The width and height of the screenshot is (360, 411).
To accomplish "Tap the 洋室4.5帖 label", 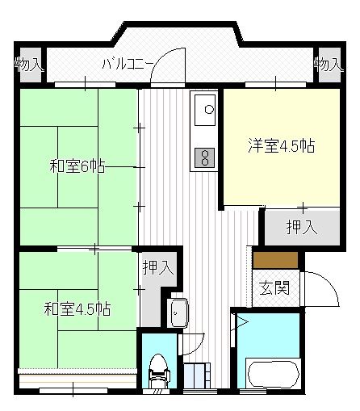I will point(280,148).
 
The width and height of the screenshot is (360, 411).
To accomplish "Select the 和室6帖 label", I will point(77,167).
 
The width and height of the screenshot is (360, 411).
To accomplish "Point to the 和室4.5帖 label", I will point(77,308).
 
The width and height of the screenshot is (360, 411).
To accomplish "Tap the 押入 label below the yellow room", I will point(301,227).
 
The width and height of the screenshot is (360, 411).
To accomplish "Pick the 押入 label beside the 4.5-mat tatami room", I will point(157,268).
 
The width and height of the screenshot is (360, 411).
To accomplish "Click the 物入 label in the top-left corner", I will point(29,64).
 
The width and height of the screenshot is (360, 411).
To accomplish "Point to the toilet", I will point(157,371).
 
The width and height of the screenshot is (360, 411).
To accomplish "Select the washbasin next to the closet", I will point(178,310).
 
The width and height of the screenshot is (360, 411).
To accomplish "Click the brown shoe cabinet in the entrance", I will point(275,260).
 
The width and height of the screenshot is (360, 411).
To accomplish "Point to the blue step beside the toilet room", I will point(197,376).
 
